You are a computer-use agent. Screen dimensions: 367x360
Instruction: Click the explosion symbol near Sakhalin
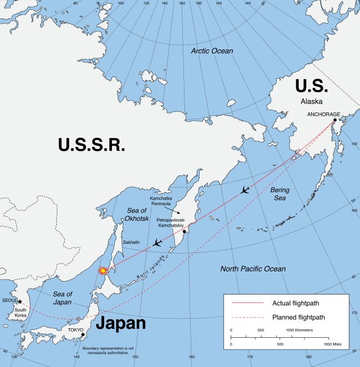tap(103, 270)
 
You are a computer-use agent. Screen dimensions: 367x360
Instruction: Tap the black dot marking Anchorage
tap(335, 120)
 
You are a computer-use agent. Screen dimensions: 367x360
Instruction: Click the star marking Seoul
tap(20, 302)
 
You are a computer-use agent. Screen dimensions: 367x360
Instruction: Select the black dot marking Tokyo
tap(83, 335)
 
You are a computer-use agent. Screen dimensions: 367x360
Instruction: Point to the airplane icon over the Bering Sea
tap(244, 190)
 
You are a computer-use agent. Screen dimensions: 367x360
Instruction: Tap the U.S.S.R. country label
tap(91, 145)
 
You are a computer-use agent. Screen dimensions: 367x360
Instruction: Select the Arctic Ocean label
tap(211, 51)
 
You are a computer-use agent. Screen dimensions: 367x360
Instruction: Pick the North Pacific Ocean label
tap(253, 269)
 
